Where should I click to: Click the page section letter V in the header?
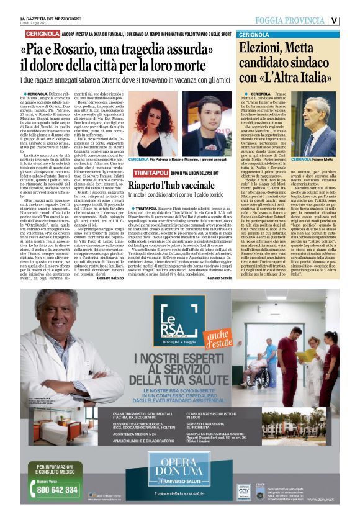coord(351,19)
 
